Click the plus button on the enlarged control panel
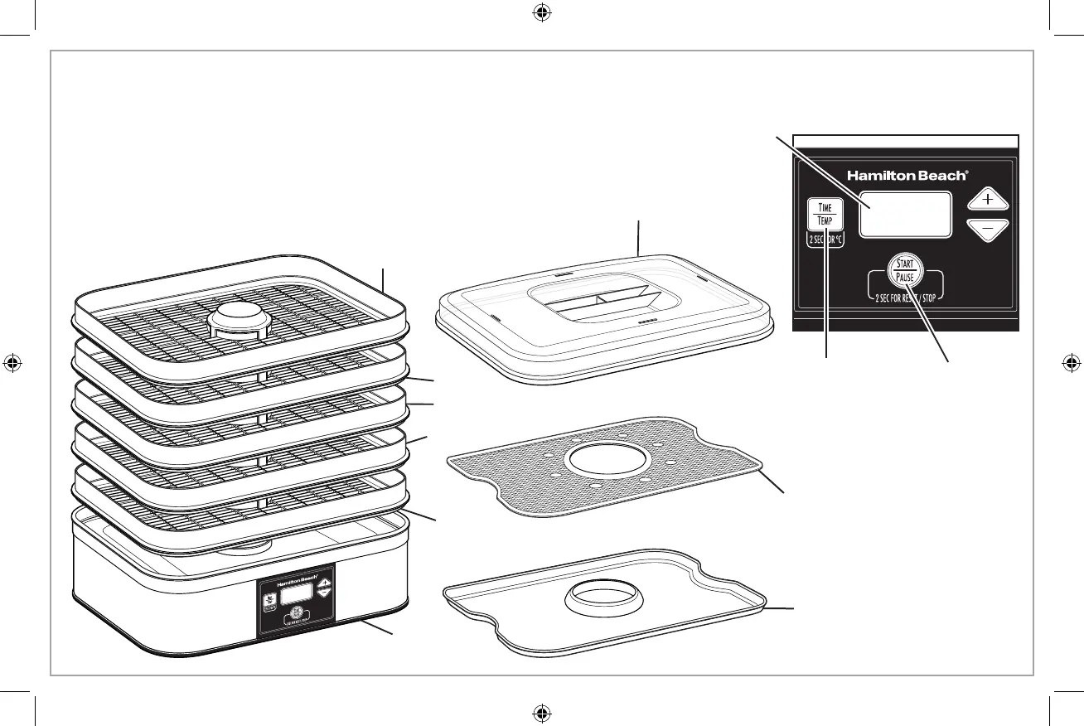(x=988, y=201)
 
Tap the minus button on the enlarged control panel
(x=988, y=230)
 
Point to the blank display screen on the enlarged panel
(x=904, y=215)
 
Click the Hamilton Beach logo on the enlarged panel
(x=906, y=176)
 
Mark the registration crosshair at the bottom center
(x=541, y=712)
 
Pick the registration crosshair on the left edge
(x=13, y=363)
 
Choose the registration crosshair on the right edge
(x=1070, y=363)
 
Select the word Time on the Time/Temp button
(x=825, y=208)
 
